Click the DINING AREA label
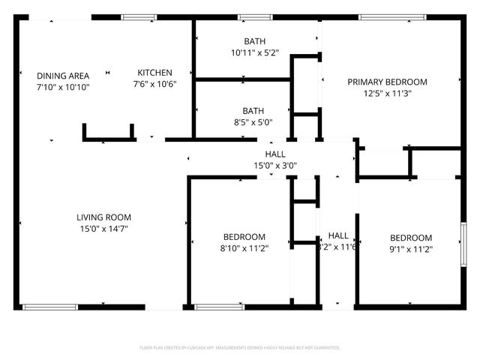[x=63, y=75]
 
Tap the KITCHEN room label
[x=155, y=72]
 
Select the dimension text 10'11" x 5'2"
[x=254, y=53]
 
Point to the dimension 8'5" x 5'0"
[x=253, y=122]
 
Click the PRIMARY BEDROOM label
[x=387, y=82]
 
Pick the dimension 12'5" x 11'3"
[x=387, y=94]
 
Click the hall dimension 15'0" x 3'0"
[x=274, y=166]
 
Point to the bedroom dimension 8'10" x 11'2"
[x=244, y=248]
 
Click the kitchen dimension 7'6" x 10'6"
[x=155, y=84]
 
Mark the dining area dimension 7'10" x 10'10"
[x=63, y=87]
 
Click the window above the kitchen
[x=134, y=17]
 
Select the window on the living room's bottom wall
[x=50, y=307]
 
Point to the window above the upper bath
[x=255, y=17]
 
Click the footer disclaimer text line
[x=240, y=348]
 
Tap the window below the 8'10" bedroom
[x=219, y=307]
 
